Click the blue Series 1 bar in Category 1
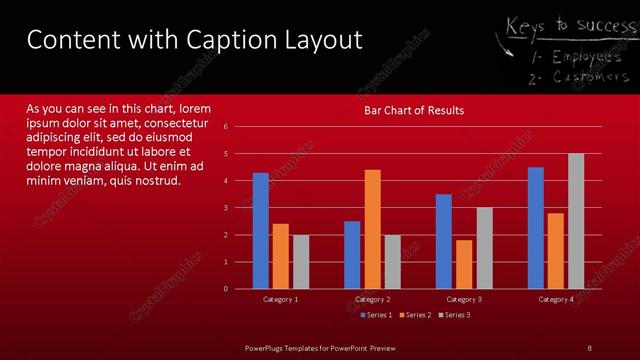click(x=261, y=230)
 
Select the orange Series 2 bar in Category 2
click(x=372, y=229)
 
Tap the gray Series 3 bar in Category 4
click(x=576, y=221)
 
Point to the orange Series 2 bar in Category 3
click(x=464, y=264)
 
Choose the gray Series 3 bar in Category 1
click(x=301, y=261)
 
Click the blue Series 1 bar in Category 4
click(x=536, y=227)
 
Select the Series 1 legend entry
click(x=376, y=315)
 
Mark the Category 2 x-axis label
click(x=372, y=299)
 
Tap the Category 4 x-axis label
click(x=556, y=299)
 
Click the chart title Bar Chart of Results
click(x=413, y=110)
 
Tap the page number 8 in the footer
click(x=590, y=347)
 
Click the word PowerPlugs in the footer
click(x=268, y=347)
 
